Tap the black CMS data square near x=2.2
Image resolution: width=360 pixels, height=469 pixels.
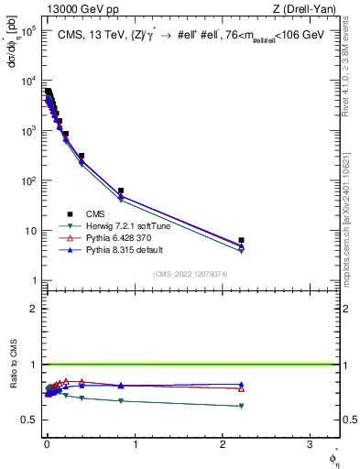point(241,240)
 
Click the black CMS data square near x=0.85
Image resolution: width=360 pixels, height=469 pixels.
point(121,191)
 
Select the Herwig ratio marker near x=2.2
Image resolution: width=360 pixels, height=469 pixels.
point(241,406)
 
